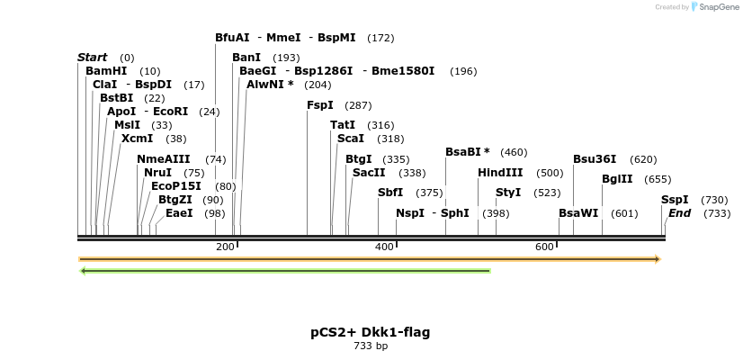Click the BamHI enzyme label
(106, 71)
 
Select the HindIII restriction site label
(500, 173)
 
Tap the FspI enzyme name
(319, 105)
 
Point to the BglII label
(617, 179)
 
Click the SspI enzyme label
(675, 200)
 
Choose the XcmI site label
(137, 139)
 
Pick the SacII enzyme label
(370, 173)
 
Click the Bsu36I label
(595, 159)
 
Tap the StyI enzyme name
(508, 193)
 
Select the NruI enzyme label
(157, 173)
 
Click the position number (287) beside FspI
(358, 106)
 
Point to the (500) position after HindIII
(550, 174)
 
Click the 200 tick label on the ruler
(225, 247)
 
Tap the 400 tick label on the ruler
(384, 247)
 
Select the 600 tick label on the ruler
(544, 247)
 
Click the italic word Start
(92, 58)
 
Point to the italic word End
(679, 213)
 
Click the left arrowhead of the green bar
(83, 270)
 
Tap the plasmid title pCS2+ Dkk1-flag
(371, 332)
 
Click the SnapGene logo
(716, 7)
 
